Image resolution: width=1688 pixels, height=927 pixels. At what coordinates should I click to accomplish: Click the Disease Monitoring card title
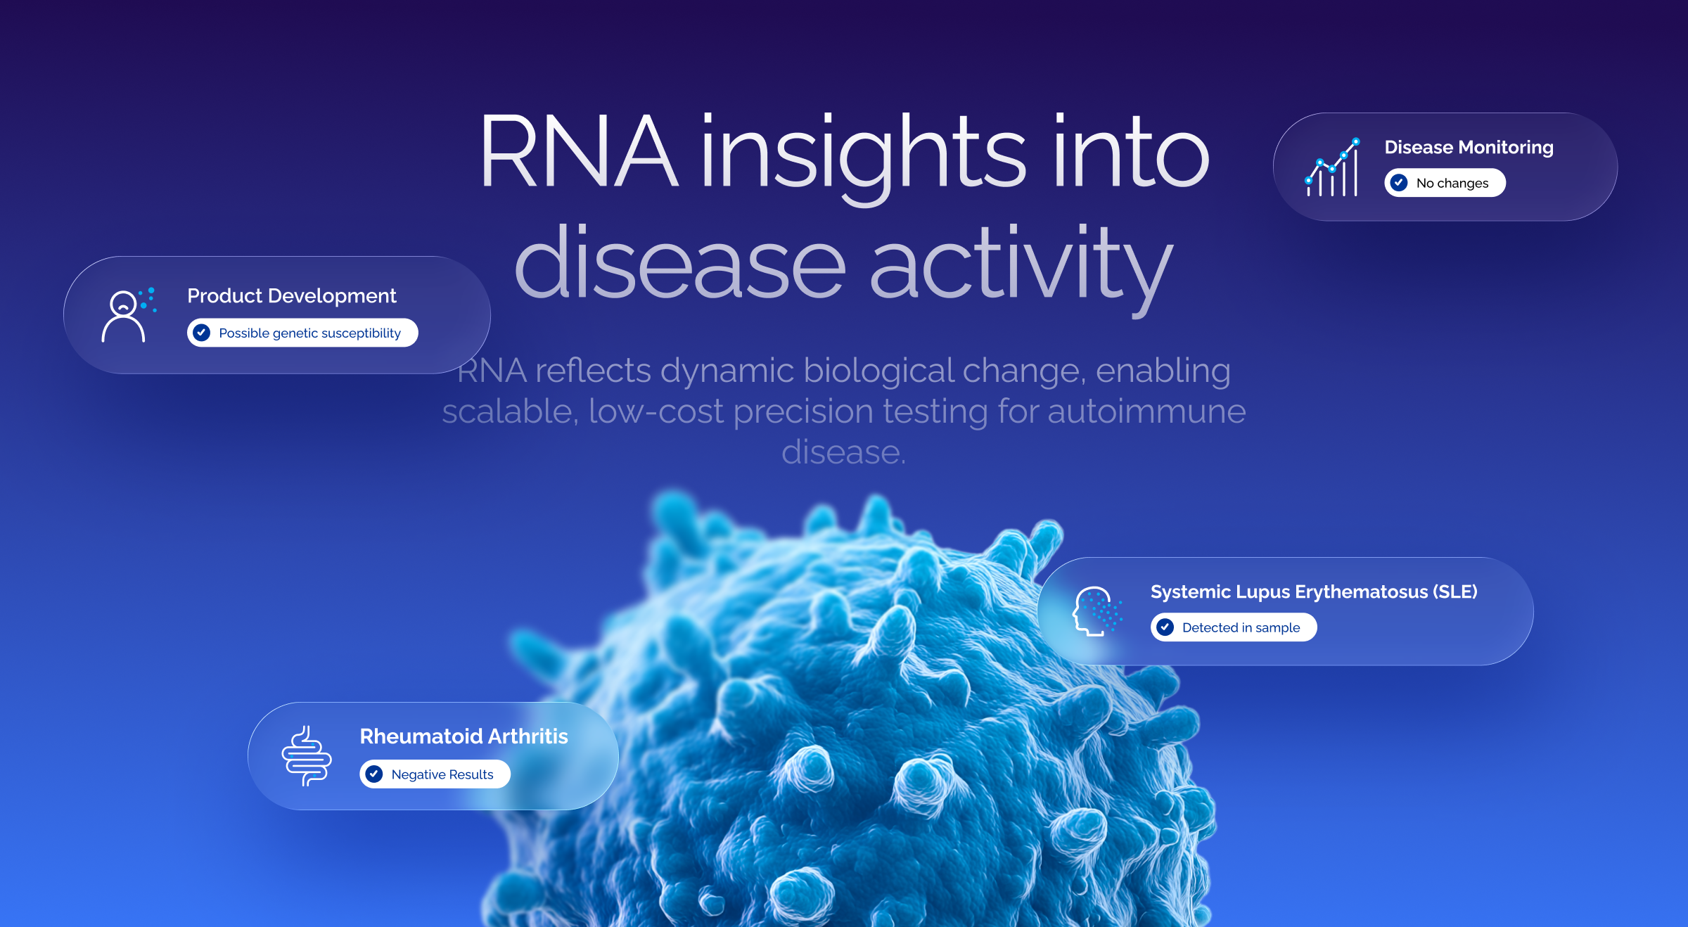1469,148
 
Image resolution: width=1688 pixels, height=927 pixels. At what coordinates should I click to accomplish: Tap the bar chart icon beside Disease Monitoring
1332,167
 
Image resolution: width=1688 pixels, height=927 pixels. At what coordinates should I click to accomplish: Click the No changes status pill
1445,183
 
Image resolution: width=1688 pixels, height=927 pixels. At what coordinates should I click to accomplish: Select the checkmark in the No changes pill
1399,183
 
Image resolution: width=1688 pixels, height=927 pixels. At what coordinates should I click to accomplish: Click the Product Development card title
291,296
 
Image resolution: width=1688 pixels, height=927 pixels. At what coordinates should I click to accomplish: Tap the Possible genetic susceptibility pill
302,333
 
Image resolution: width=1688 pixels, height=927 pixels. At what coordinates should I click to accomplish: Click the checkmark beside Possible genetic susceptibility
202,333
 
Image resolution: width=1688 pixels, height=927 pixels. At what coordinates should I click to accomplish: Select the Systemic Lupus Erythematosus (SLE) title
1314,592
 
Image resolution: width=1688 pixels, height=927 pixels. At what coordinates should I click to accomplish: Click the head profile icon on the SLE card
1096,611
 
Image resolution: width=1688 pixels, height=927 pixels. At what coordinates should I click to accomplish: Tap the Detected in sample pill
1234,627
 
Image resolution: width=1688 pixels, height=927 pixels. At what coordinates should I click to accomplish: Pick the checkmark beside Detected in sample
1165,627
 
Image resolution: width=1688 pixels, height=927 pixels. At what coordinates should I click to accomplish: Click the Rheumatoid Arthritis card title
463,736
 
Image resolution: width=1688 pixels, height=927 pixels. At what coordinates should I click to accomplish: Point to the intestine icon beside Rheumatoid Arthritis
307,756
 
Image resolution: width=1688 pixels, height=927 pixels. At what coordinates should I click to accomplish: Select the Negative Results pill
435,774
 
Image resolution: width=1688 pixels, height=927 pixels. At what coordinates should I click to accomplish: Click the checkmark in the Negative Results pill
374,774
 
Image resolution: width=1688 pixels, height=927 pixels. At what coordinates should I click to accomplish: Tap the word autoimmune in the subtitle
1146,411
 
